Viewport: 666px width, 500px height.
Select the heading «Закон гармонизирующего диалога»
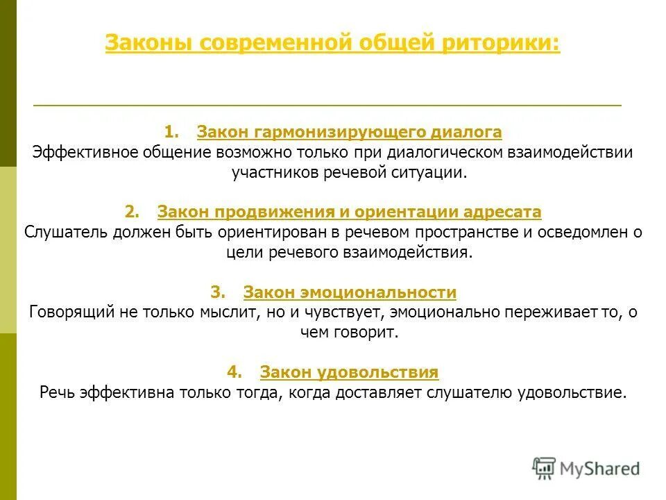[349, 132]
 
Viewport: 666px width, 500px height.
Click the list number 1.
[171, 132]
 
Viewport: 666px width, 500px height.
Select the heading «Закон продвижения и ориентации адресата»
[349, 212]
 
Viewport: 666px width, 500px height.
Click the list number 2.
[132, 212]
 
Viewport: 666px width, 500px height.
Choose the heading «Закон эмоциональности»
[350, 292]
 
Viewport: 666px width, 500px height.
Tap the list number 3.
[218, 292]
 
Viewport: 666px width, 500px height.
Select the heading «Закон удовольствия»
[349, 373]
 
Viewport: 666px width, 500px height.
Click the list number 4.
[234, 373]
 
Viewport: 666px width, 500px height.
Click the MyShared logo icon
[544, 469]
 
